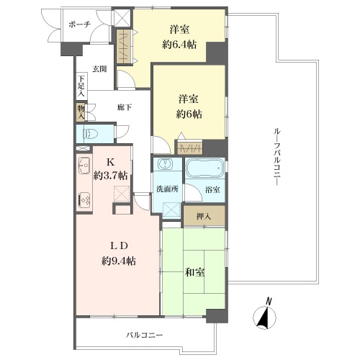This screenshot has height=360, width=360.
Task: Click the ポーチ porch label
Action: (x=79, y=24)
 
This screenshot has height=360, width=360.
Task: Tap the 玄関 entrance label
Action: (x=99, y=69)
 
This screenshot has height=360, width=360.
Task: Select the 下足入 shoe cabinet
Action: (x=82, y=86)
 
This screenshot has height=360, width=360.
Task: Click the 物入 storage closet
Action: (x=81, y=112)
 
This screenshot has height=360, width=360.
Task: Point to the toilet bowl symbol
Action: (x=90, y=133)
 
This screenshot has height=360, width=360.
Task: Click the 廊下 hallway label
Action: (x=124, y=107)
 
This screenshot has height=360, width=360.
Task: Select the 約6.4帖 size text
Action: (x=179, y=45)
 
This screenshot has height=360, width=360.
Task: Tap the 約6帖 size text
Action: (x=189, y=114)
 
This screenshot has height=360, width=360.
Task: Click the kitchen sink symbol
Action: (x=84, y=166)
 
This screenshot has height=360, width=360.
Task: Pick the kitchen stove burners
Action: (x=84, y=201)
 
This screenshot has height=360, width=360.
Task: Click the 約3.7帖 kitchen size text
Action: (x=110, y=176)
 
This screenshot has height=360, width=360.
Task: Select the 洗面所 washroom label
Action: (x=167, y=189)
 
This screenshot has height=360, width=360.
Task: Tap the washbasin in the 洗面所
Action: (x=165, y=164)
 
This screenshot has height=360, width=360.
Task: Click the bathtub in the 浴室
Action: (x=205, y=168)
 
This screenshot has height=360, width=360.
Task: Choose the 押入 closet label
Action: (x=204, y=217)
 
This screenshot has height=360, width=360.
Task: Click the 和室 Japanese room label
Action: (x=194, y=272)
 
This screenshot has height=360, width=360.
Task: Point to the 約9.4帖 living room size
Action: (x=119, y=261)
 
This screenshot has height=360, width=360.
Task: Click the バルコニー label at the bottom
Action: (x=145, y=335)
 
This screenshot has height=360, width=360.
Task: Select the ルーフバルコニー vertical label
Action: (x=277, y=157)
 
